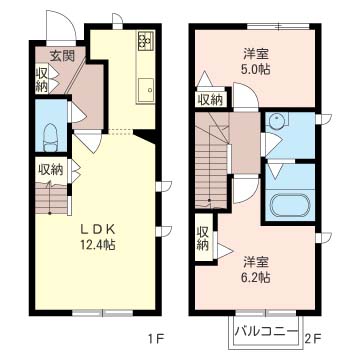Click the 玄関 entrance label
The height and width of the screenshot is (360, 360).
[62, 57]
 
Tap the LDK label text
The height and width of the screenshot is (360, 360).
[98, 229]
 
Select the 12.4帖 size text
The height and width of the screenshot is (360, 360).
[97, 245]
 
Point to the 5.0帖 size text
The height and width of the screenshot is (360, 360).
[256, 70]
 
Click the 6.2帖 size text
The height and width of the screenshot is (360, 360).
[256, 278]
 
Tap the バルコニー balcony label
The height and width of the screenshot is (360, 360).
[266, 332]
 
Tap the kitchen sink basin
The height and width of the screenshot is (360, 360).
[146, 90]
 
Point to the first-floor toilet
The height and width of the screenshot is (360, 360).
[51, 137]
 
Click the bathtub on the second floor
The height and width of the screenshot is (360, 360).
[289, 205]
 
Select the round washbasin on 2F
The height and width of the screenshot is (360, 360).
[276, 120]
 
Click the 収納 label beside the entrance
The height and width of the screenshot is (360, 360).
[41, 80]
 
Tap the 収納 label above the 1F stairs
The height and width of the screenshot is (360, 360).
[51, 170]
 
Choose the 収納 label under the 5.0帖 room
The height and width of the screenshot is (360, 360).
[211, 100]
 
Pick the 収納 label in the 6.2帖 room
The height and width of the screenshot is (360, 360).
[203, 238]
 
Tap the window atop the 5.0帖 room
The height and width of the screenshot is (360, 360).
[278, 26]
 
